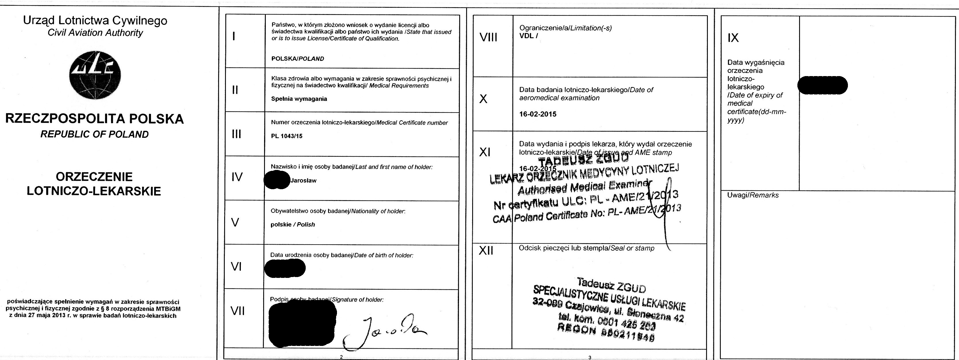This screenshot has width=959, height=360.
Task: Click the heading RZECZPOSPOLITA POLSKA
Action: (94, 119)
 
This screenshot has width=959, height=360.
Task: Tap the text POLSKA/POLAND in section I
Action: (297, 59)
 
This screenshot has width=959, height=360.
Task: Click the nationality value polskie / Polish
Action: (292, 224)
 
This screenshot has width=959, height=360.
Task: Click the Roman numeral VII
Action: (237, 311)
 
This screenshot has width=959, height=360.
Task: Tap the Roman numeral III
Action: (237, 134)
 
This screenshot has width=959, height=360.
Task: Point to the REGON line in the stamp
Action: (606, 333)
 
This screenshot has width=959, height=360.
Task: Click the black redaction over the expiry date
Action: (822, 85)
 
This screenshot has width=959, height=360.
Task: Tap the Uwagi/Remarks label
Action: (753, 196)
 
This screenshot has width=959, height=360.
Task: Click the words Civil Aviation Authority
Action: (95, 33)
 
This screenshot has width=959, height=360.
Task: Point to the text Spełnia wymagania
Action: (299, 99)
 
